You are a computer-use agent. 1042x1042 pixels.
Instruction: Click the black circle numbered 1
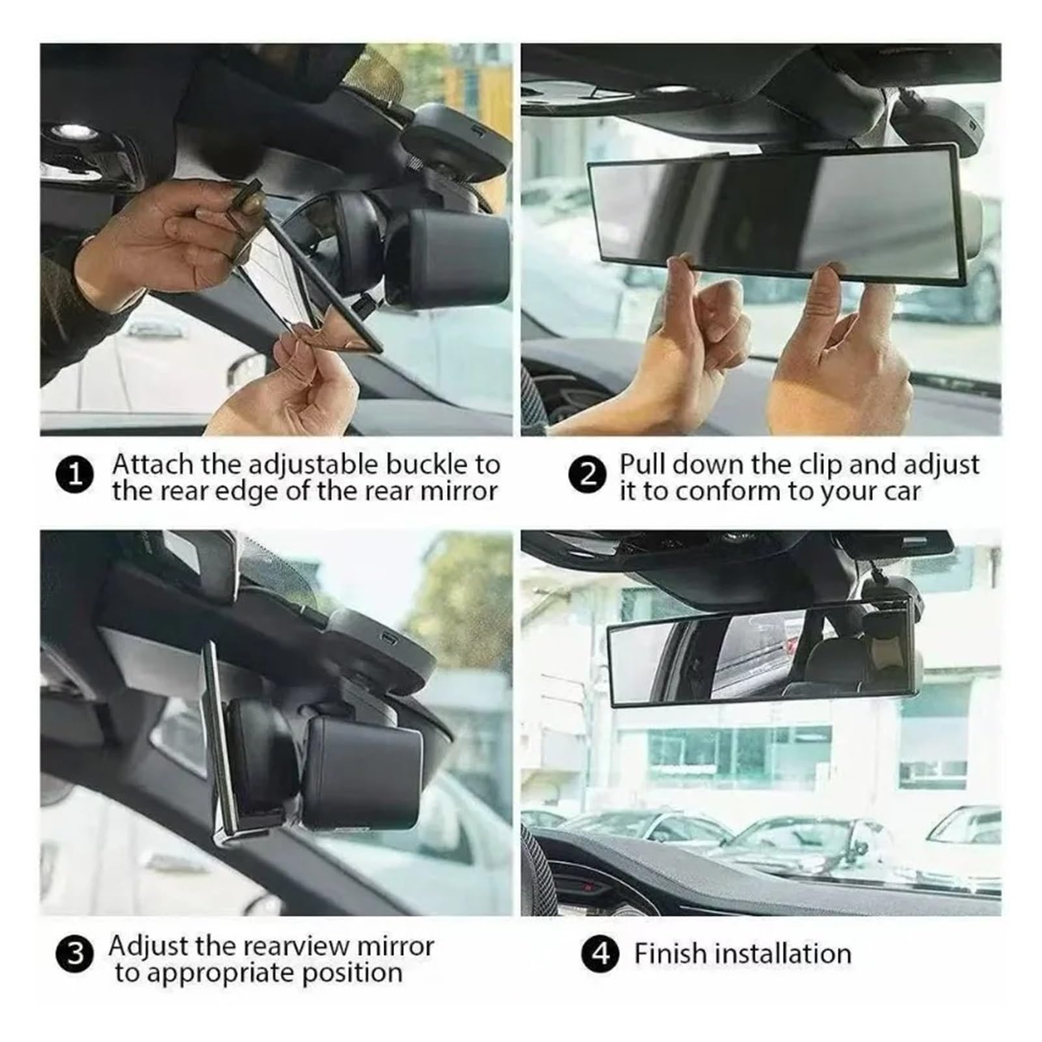coord(75,475)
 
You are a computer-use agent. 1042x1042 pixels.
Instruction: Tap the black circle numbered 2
coord(587,475)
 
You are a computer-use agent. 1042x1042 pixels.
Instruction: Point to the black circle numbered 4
coord(600,954)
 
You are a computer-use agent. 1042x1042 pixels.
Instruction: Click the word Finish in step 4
coord(670,954)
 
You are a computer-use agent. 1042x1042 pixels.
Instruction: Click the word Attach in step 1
coord(153,465)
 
